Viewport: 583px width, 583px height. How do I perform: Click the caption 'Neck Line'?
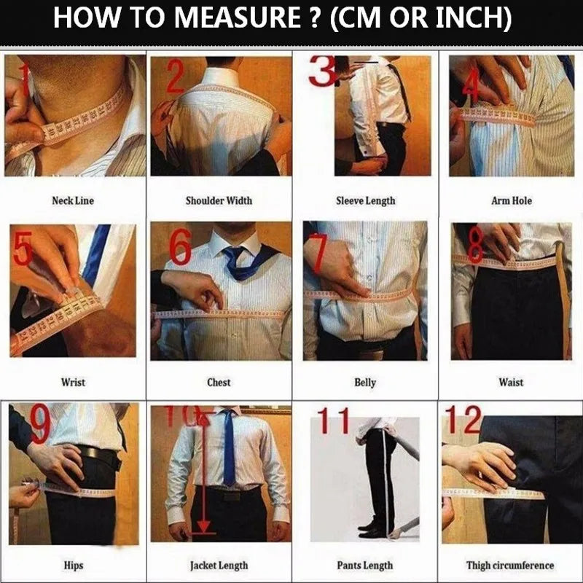(73, 201)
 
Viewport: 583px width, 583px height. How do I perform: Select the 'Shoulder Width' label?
(219, 201)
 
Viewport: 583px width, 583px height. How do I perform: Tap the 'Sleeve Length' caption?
(366, 201)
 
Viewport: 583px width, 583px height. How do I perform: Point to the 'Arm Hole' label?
(512, 201)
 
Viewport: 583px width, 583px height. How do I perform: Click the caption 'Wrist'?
(73, 382)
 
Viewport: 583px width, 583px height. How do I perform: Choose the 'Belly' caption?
(365, 383)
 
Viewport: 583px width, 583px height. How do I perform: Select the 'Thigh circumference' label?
(510, 566)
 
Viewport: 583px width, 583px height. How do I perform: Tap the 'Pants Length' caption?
(365, 566)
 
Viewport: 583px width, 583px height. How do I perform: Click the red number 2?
(176, 77)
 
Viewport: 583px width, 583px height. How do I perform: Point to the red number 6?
(181, 246)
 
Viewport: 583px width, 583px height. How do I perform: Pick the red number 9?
(40, 425)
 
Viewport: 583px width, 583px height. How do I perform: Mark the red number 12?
(463, 420)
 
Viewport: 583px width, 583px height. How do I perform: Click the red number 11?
(334, 420)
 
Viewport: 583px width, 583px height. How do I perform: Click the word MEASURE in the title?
(238, 17)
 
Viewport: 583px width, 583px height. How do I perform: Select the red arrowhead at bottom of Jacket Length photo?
(203, 527)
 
